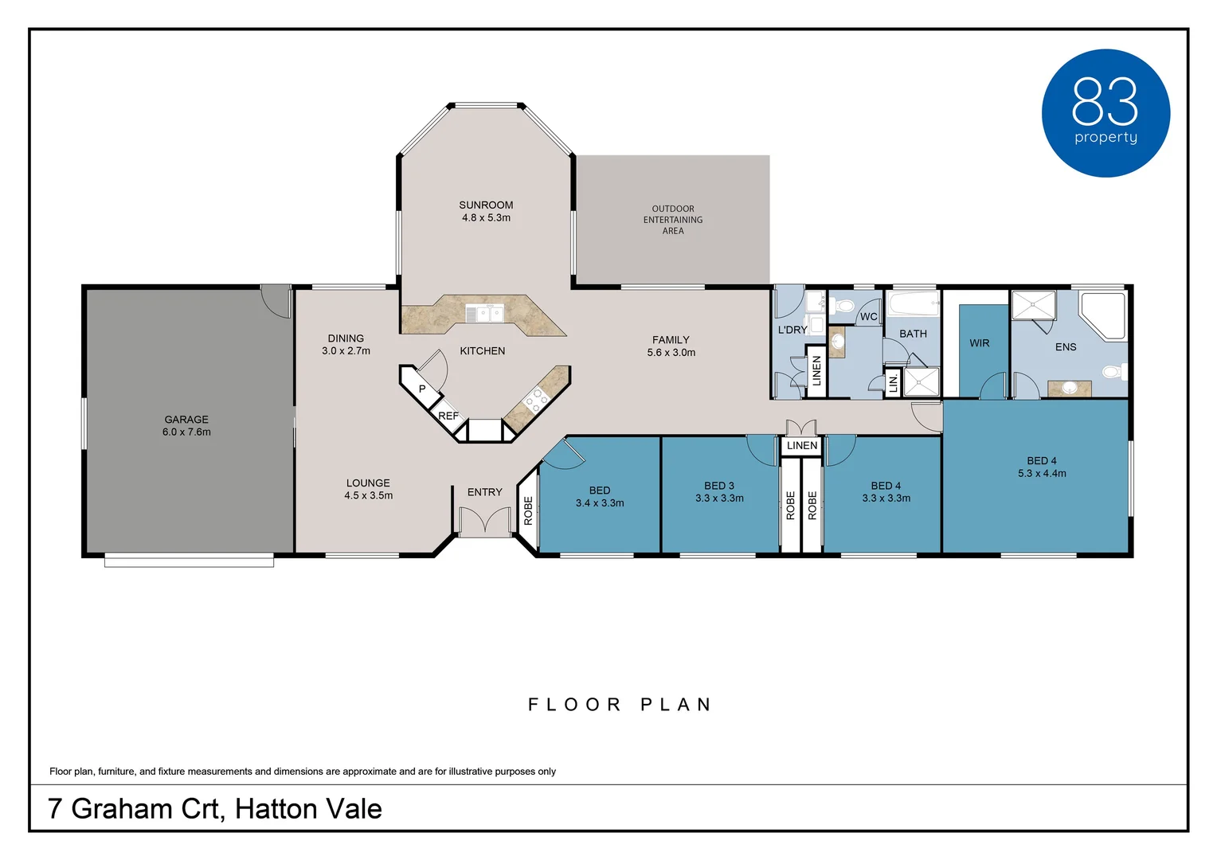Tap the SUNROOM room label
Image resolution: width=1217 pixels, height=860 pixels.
pyautogui.click(x=486, y=205)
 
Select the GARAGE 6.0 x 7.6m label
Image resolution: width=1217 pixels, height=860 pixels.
pyautogui.click(x=186, y=425)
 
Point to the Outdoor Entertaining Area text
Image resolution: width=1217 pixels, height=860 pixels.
pyautogui.click(x=672, y=220)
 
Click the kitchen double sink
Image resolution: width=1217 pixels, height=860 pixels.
pyautogui.click(x=484, y=314)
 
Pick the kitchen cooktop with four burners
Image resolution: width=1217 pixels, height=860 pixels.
pyautogui.click(x=536, y=400)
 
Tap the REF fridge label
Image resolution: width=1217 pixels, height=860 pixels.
pyautogui.click(x=448, y=416)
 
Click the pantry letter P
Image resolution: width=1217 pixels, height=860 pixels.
pyautogui.click(x=422, y=389)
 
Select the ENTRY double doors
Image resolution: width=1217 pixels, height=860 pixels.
pyautogui.click(x=484, y=522)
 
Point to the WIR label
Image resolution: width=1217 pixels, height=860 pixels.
pyautogui.click(x=979, y=342)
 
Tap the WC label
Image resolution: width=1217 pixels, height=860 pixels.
pyautogui.click(x=869, y=317)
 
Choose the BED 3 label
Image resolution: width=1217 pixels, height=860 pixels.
pyautogui.click(x=718, y=485)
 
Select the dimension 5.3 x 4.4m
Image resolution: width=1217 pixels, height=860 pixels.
pyautogui.click(x=1042, y=473)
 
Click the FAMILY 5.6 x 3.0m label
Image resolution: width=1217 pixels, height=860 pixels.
pyautogui.click(x=671, y=346)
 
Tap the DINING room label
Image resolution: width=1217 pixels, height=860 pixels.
pyautogui.click(x=346, y=338)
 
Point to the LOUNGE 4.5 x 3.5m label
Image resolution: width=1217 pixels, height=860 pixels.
pyautogui.click(x=368, y=489)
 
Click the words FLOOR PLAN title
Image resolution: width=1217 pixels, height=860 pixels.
pyautogui.click(x=620, y=705)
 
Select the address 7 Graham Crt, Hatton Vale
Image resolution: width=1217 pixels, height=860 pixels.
pyautogui.click(x=215, y=809)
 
